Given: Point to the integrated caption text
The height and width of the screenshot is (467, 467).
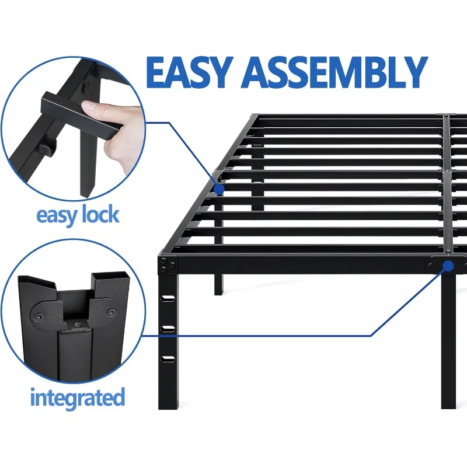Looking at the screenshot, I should [x=78, y=398].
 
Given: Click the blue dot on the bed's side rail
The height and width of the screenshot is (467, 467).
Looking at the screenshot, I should [x=219, y=189].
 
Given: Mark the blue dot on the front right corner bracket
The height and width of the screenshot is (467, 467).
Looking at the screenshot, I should [x=448, y=266].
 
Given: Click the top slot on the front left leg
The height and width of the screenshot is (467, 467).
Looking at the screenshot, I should [x=168, y=299].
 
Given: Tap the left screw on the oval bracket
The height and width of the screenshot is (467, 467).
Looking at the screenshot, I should [x=39, y=315].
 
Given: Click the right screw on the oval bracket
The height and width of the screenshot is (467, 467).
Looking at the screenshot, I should [x=111, y=303].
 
